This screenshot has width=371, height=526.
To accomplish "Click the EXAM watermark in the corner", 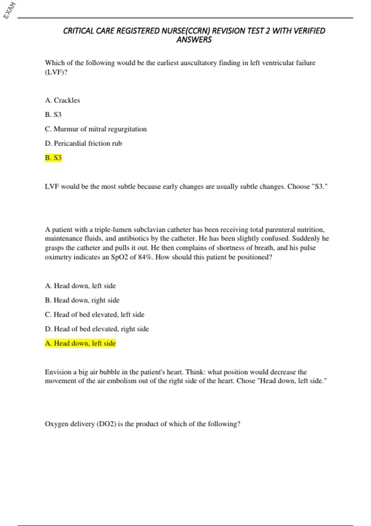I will tap(9, 10).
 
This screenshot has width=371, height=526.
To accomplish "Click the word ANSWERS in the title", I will tap(194, 40).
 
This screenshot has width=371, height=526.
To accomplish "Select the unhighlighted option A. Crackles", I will tap(62, 100).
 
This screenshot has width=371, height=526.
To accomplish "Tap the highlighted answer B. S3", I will tap(53, 158).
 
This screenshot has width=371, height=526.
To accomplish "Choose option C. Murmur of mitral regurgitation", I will tap(96, 129).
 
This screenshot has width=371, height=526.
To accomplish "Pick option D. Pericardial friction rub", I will tap(83, 143).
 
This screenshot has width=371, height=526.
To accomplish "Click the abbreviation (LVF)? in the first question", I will tap(56, 72).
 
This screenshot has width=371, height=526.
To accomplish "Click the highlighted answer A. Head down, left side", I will tap(80, 343).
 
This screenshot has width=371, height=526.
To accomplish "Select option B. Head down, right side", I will tap(82, 300).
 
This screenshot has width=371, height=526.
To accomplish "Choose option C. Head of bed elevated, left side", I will tap(94, 314).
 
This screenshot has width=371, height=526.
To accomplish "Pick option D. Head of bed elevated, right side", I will tap(97, 329).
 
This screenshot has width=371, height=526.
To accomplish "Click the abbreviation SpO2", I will tap(119, 257).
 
